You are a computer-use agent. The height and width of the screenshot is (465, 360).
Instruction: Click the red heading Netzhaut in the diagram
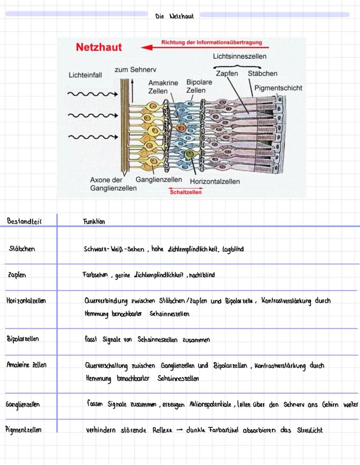coord(99,47)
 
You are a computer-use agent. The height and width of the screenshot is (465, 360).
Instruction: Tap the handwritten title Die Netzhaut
coord(174,17)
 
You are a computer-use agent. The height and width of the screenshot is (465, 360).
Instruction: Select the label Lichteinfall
coord(85,75)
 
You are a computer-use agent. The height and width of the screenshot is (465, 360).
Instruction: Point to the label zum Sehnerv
coord(135,70)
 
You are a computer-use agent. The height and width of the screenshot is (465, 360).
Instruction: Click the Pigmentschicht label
coord(278,88)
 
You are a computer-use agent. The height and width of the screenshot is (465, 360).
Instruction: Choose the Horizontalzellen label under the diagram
coord(214,181)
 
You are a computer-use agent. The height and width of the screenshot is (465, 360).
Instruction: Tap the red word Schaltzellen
coord(186,192)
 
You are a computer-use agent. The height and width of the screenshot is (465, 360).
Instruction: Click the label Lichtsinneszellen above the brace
coord(240,56)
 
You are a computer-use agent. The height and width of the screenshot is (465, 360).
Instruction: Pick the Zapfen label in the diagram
coord(227,73)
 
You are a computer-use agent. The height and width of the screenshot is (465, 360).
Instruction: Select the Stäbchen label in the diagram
coord(262,73)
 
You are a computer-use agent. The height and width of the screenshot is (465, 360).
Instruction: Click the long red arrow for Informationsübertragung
coord(204,47)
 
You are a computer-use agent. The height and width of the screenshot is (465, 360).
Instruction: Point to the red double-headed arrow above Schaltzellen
coord(185,188)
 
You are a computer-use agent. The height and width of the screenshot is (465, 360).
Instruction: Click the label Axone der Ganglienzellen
coord(113,184)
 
